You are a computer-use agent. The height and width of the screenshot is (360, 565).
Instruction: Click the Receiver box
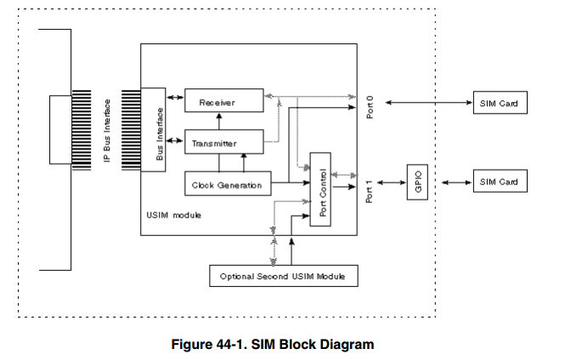[x=223, y=103]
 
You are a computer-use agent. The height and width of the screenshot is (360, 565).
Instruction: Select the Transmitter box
[x=223, y=143]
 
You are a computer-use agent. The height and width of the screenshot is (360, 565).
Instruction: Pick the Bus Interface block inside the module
[x=153, y=128]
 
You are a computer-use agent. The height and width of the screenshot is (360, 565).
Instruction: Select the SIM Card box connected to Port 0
[x=498, y=104]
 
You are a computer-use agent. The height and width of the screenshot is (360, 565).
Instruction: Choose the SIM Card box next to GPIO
[x=498, y=183]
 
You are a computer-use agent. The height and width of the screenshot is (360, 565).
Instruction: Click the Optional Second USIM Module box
[x=283, y=276]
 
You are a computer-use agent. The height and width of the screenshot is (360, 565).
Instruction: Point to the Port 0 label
[x=370, y=104]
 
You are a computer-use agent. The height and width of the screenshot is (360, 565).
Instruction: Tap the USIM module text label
[x=173, y=216]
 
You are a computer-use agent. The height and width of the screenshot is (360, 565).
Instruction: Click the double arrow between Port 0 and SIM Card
[x=426, y=104]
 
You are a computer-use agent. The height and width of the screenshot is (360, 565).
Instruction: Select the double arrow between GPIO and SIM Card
[x=450, y=183]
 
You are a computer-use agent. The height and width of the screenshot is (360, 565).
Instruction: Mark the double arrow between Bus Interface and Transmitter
[x=175, y=138]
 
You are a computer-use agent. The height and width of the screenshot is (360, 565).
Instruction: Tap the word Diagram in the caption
[x=344, y=344]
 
